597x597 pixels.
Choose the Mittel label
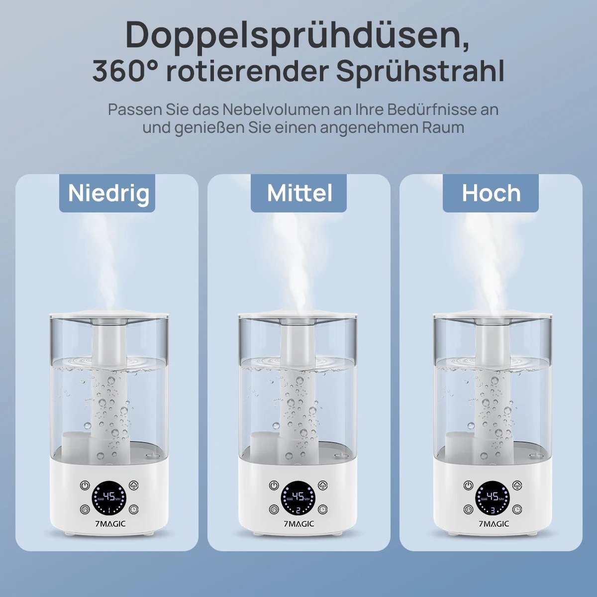point(299,193)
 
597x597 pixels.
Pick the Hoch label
point(491,193)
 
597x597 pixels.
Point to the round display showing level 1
point(108,497)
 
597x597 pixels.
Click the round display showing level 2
point(297,497)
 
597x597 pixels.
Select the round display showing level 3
point(492,497)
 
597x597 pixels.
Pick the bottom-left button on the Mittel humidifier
point(274,509)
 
